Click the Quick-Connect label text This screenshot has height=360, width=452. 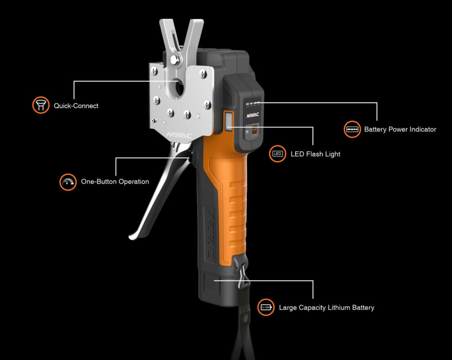[x=76, y=106]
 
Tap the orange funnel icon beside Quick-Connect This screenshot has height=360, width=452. [x=41, y=105]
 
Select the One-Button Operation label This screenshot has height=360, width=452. [x=115, y=181]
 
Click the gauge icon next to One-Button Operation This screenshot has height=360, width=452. [x=68, y=182]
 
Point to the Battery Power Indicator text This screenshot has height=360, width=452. [x=400, y=129]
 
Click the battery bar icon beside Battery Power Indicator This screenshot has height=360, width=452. [x=352, y=129]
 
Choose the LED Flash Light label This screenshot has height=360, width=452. [x=315, y=154]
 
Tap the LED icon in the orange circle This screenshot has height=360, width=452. [x=278, y=154]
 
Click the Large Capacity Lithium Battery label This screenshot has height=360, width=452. [x=326, y=307]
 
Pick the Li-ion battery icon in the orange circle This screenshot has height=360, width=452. [x=266, y=307]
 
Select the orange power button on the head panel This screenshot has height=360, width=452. [x=255, y=130]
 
